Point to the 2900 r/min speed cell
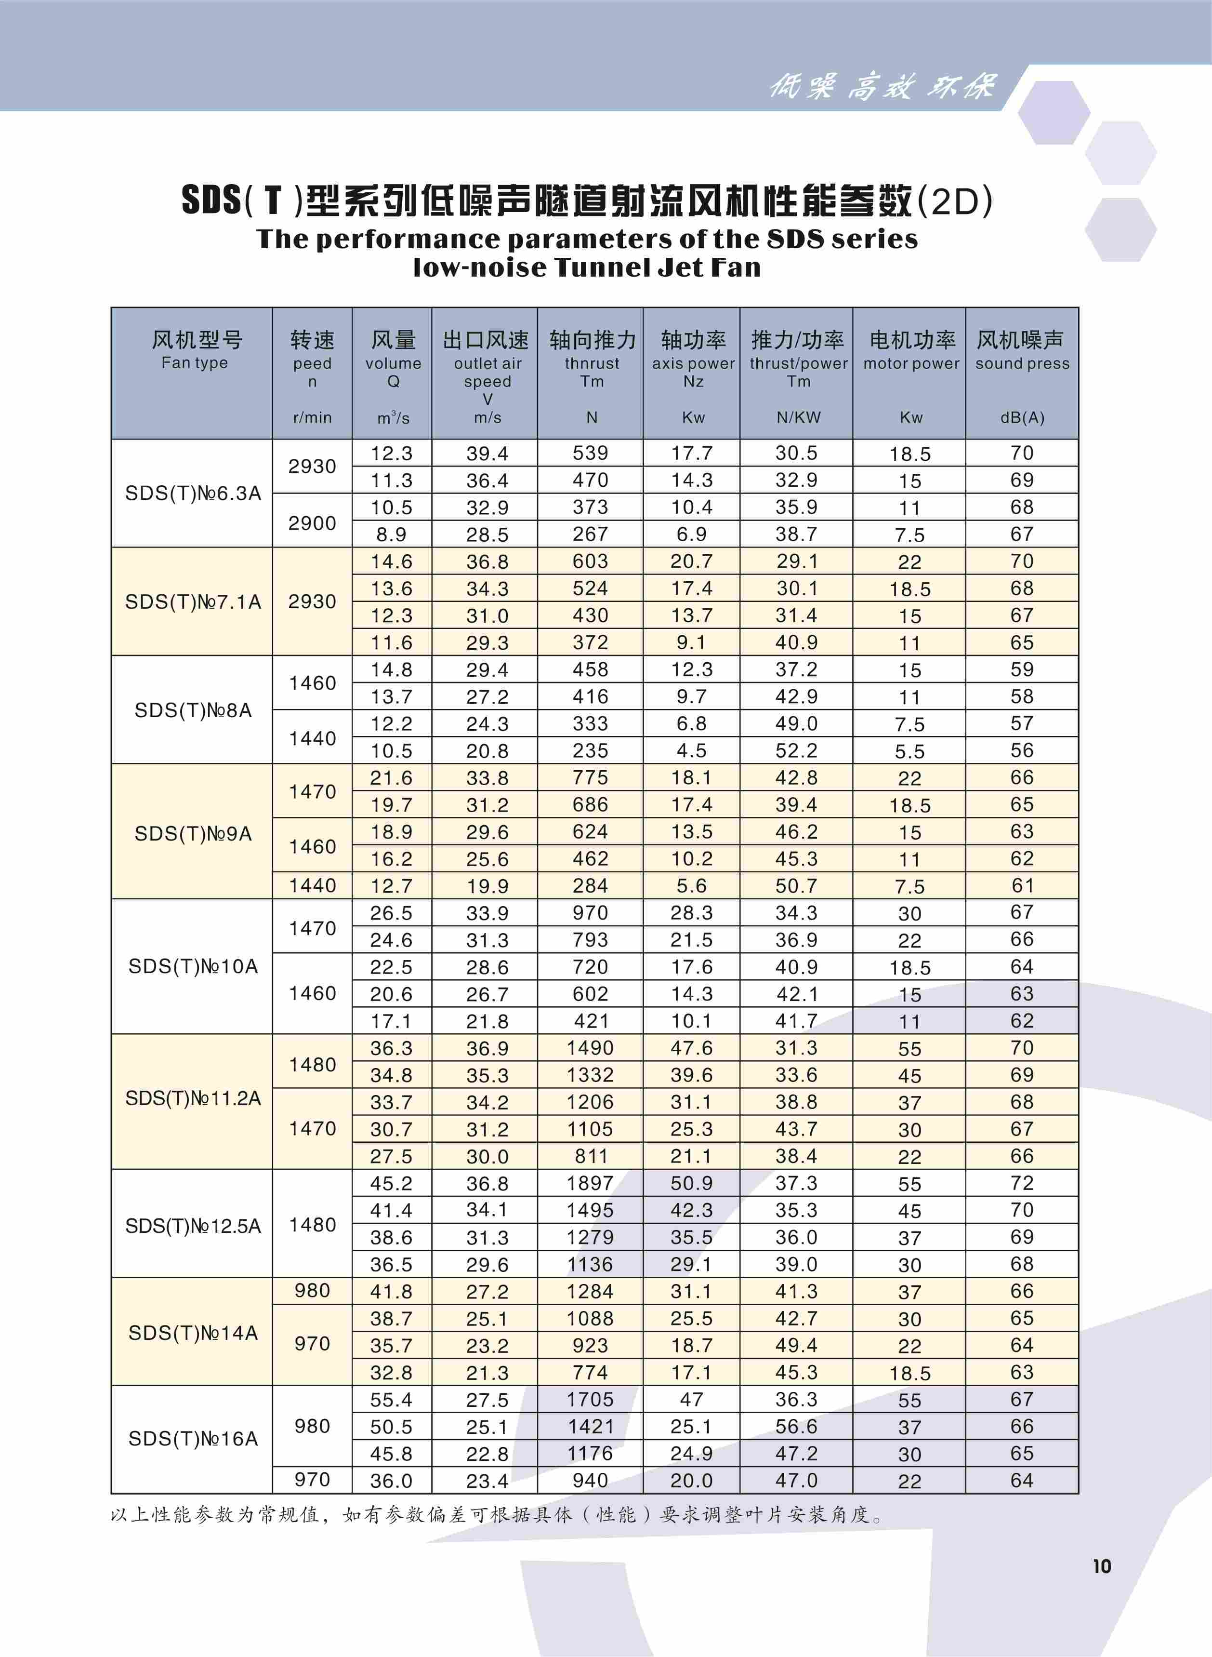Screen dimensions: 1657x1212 312,523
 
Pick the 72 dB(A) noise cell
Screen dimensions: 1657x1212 1021,1183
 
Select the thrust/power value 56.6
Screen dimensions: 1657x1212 796,1427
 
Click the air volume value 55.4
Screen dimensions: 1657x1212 391,1400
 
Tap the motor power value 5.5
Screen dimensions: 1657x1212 910,751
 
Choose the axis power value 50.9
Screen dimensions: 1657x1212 691,1183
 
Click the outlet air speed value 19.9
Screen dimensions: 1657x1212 487,886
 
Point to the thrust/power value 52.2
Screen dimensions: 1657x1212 796,751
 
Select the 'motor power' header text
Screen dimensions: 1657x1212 911,363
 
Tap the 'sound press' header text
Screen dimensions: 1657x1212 1022,363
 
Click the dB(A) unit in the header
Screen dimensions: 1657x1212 1022,417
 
